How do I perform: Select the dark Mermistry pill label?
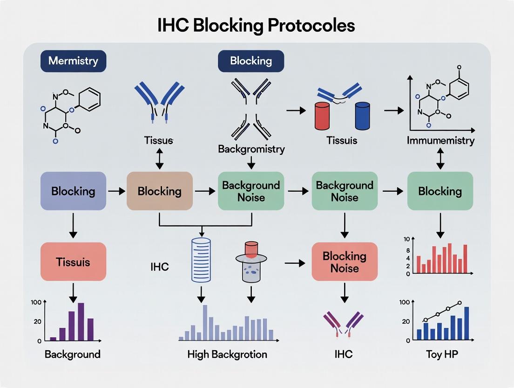[x=73, y=61]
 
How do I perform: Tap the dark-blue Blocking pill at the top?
[x=251, y=61]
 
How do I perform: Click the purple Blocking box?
[x=73, y=191]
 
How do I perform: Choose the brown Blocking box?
[x=160, y=191]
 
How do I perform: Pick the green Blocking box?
[x=440, y=191]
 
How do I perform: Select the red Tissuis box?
[x=73, y=262]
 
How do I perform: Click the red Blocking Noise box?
[x=345, y=262]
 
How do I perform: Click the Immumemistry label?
[x=440, y=140]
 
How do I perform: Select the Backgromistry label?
[x=251, y=149]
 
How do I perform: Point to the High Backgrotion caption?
[x=227, y=354]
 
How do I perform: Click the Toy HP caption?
[x=442, y=354]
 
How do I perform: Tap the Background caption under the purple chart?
[x=73, y=354]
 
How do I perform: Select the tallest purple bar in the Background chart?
[x=81, y=321]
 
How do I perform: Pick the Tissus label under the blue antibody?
[x=159, y=140]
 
